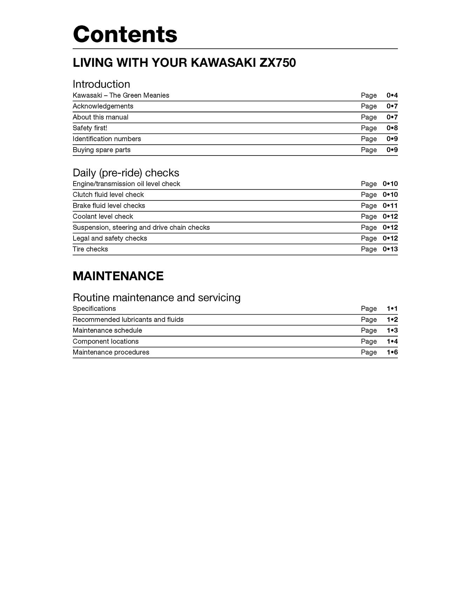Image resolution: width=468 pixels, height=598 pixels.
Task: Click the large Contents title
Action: pyautogui.click(x=125, y=34)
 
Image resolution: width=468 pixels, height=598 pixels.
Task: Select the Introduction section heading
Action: pyautogui.click(x=101, y=84)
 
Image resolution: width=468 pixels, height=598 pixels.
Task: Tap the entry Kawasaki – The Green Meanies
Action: pyautogui.click(x=121, y=95)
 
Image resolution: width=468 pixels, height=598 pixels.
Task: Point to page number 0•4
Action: pyautogui.click(x=392, y=95)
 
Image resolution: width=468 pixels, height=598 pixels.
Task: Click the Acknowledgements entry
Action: pyautogui.click(x=103, y=106)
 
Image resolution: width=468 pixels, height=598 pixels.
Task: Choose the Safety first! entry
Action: pyautogui.click(x=90, y=128)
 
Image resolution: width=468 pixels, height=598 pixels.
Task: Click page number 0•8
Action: pyautogui.click(x=392, y=128)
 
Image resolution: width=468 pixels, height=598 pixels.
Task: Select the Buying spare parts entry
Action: pyautogui.click(x=102, y=150)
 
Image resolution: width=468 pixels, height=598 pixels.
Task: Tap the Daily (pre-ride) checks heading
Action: pyautogui.click(x=126, y=173)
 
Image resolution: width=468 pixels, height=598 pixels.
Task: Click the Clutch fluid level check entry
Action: pyautogui.click(x=108, y=194)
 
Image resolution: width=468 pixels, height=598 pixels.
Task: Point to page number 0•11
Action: pyautogui.click(x=390, y=206)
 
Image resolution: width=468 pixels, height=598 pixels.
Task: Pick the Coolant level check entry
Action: pyautogui.click(x=103, y=216)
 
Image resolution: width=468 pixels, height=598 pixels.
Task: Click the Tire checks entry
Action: pyautogui.click(x=90, y=249)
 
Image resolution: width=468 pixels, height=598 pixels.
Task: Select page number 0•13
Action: pyautogui.click(x=390, y=249)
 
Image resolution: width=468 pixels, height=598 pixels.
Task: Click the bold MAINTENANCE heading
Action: pyautogui.click(x=118, y=276)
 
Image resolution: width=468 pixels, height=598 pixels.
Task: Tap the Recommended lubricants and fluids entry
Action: pyautogui.click(x=128, y=319)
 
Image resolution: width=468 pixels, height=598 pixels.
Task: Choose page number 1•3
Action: pyautogui.click(x=392, y=330)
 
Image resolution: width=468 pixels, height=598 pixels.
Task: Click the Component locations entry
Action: pyautogui.click(x=106, y=341)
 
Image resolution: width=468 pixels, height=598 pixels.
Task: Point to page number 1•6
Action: pyautogui.click(x=392, y=352)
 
